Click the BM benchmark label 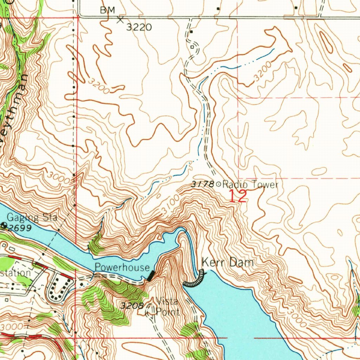[x=107, y=10]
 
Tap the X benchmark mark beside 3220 [x=121, y=20]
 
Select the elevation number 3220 [x=139, y=27]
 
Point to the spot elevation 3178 [x=202, y=184]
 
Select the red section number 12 [x=238, y=196]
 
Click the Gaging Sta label [x=32, y=217]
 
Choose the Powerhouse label [x=122, y=267]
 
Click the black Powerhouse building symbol [x=151, y=276]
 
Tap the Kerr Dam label [x=227, y=262]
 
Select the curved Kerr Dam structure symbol [x=194, y=280]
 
